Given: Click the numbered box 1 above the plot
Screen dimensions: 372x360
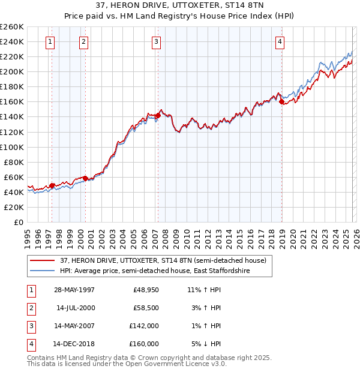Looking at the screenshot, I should click(x=49, y=41).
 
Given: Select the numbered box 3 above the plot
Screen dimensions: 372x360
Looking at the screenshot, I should click(x=155, y=41).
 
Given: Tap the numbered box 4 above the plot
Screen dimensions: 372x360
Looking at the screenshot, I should click(x=280, y=41).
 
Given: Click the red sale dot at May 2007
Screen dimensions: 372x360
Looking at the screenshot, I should click(x=158, y=115).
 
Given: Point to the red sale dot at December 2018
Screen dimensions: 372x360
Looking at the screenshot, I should click(x=281, y=102).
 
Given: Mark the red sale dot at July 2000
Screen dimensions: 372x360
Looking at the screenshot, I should click(x=85, y=178).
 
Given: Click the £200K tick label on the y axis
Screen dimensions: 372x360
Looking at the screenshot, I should click(x=11, y=71).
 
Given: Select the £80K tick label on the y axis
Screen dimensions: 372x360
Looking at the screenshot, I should click(x=13, y=162).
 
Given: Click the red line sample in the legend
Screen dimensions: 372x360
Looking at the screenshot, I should click(x=43, y=260).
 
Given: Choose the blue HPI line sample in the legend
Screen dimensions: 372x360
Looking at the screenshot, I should click(x=43, y=271).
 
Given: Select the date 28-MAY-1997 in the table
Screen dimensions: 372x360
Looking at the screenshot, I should click(x=74, y=289).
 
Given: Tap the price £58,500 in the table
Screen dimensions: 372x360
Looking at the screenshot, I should click(x=146, y=308).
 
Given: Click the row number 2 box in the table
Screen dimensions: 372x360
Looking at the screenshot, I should click(x=31, y=308).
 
